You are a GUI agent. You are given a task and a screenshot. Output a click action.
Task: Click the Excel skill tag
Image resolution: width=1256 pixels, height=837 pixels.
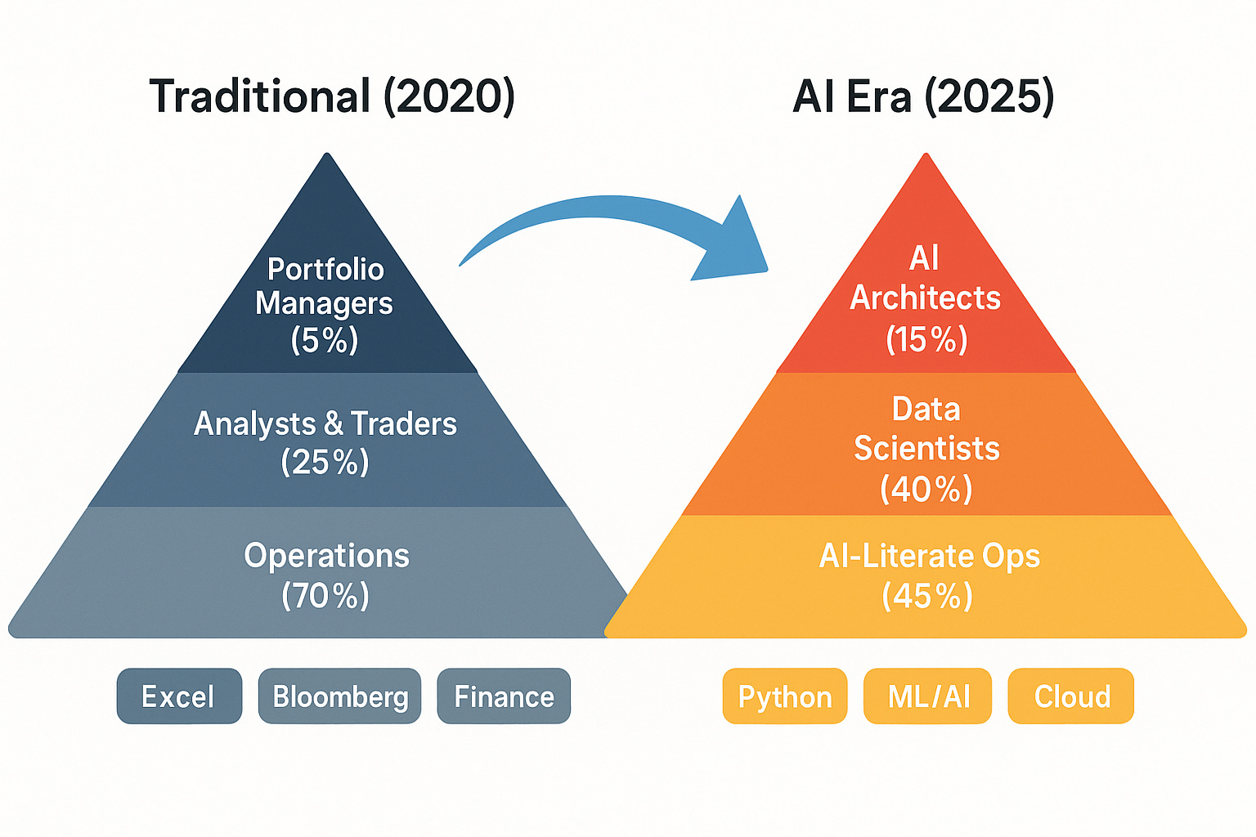(179, 696)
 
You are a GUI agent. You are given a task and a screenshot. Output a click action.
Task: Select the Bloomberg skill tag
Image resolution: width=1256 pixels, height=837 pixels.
(340, 696)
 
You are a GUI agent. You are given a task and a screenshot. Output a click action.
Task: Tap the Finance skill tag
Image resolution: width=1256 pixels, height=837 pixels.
(504, 696)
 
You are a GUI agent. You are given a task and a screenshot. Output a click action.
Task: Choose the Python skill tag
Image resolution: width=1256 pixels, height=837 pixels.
(785, 696)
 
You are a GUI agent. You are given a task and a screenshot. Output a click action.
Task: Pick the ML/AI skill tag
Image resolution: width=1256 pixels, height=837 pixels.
(928, 696)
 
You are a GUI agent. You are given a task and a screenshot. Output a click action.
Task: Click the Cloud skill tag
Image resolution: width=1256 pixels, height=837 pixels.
(1071, 696)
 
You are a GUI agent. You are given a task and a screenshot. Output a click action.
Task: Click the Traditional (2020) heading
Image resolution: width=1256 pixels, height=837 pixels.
(332, 96)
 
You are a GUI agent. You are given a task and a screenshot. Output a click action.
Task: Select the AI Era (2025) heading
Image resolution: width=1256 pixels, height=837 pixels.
(923, 96)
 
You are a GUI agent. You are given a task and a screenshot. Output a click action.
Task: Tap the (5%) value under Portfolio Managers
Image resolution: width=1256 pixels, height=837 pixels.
(325, 340)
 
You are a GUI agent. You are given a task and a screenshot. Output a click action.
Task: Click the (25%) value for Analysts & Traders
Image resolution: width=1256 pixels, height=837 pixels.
(325, 463)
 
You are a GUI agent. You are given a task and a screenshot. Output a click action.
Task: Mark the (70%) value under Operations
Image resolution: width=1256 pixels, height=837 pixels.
(325, 595)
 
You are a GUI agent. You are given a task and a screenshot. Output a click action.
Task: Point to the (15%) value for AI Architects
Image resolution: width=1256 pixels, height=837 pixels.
(926, 339)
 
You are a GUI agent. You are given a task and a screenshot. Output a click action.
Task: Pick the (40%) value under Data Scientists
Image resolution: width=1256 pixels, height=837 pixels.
(926, 489)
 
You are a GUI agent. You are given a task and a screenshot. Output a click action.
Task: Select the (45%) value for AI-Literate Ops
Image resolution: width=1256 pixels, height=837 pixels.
(927, 595)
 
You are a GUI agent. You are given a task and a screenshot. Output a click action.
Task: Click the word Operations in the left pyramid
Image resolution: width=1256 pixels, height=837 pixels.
(326, 556)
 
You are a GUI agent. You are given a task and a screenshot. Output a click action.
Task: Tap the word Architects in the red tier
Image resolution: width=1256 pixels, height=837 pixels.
(925, 298)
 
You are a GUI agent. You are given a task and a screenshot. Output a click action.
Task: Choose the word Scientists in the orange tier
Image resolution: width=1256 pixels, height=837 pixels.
(926, 448)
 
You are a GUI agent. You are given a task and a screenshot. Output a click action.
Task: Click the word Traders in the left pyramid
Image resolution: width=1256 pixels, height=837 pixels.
(404, 423)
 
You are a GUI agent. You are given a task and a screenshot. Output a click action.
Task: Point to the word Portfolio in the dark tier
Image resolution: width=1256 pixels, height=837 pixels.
(325, 269)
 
